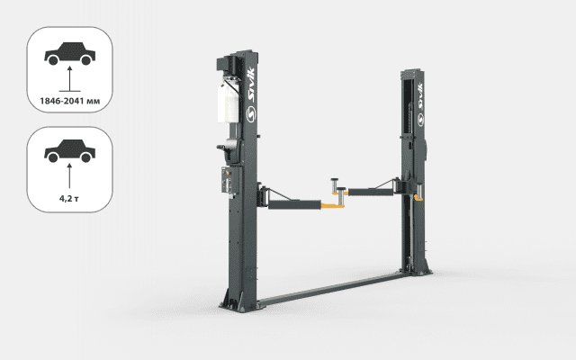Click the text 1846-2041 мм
pyautogui.click(x=70, y=101)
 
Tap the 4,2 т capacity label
pyautogui.click(x=69, y=198)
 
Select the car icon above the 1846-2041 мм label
pyautogui.click(x=70, y=54)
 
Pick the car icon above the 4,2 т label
pyautogui.click(x=70, y=151)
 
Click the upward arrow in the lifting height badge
pyautogui.click(x=69, y=78)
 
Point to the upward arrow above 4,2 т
pyautogui.click(x=69, y=176)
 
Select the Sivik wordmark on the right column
pyautogui.click(x=420, y=96)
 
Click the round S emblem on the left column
pyautogui.click(x=251, y=114)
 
